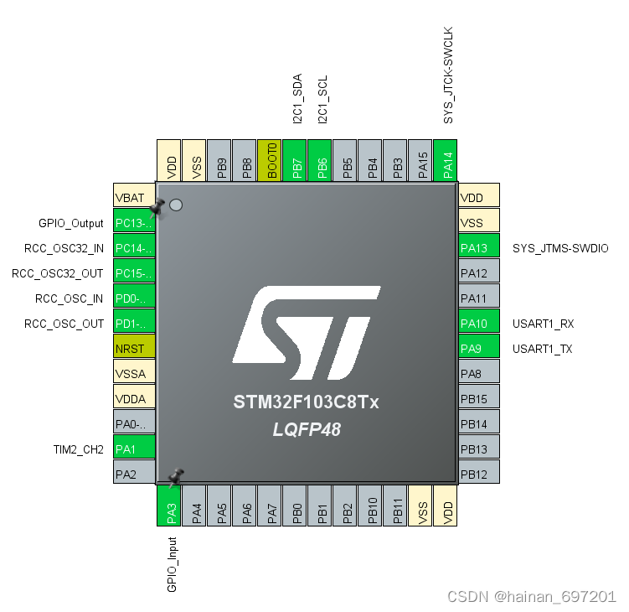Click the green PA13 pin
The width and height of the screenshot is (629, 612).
479,248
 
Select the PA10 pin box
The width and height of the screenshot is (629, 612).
479,324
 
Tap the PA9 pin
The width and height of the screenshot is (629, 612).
479,349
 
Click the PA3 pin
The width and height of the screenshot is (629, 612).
170,506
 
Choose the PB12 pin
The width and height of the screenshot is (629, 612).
479,475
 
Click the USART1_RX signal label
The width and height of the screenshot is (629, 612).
543,324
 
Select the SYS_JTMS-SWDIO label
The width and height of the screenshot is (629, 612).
560,248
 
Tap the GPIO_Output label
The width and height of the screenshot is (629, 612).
71,223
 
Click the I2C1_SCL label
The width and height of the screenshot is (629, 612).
322,99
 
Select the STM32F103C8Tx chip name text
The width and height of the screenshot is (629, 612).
307,403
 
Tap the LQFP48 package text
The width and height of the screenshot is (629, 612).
307,429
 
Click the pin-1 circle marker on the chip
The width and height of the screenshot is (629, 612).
176,205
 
